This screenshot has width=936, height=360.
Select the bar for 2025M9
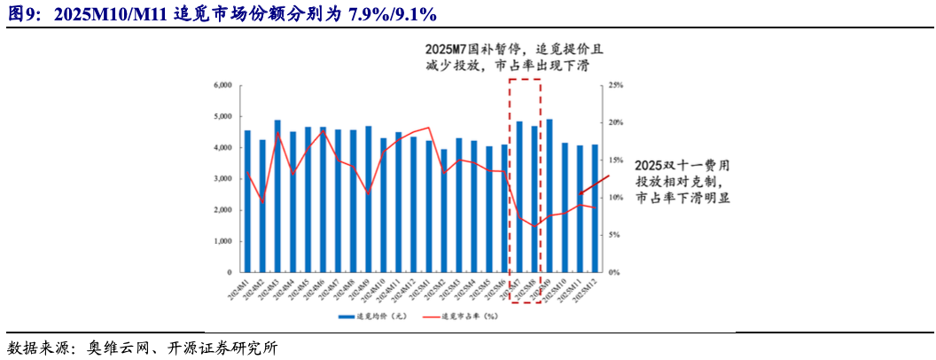coord(550,196)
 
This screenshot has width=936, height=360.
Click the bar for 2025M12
coord(595,208)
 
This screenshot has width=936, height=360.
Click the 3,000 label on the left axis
coord(222,179)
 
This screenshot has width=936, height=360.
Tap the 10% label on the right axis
coord(617,198)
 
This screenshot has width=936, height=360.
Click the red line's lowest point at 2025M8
coord(534,225)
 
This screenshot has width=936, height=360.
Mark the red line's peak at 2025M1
coord(429,128)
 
